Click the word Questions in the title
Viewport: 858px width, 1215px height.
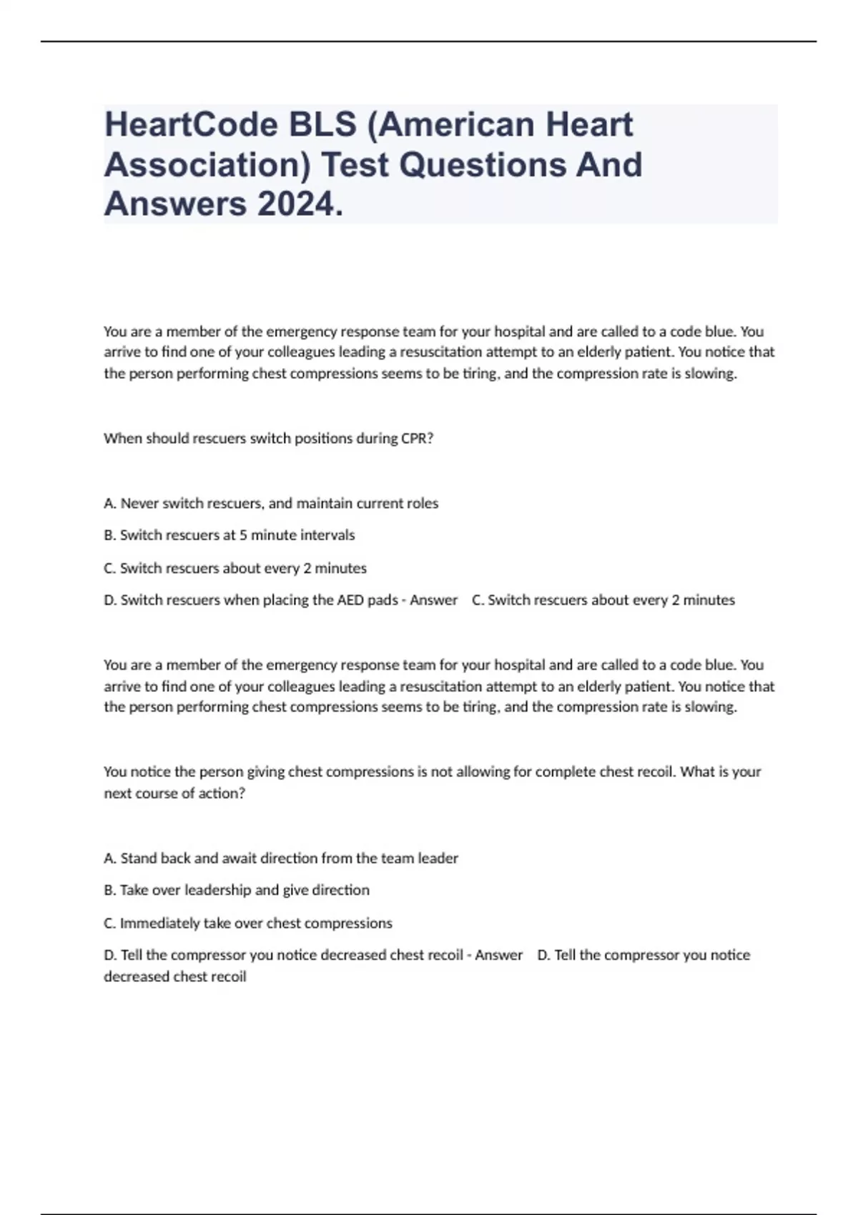(478, 165)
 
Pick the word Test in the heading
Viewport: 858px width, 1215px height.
(355, 165)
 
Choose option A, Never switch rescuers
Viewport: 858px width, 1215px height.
(271, 503)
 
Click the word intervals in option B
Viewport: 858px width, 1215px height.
(327, 535)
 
